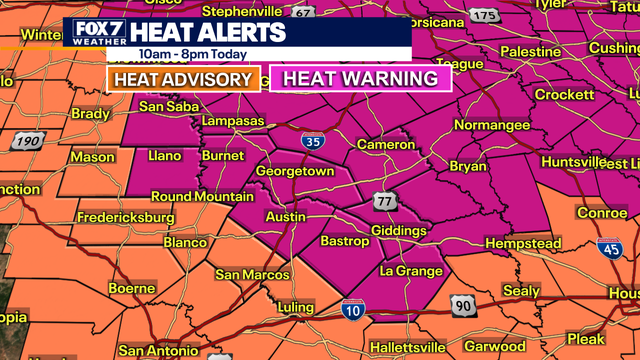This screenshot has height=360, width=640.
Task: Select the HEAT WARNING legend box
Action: point(361,79)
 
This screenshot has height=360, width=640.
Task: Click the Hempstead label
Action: point(524,244)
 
